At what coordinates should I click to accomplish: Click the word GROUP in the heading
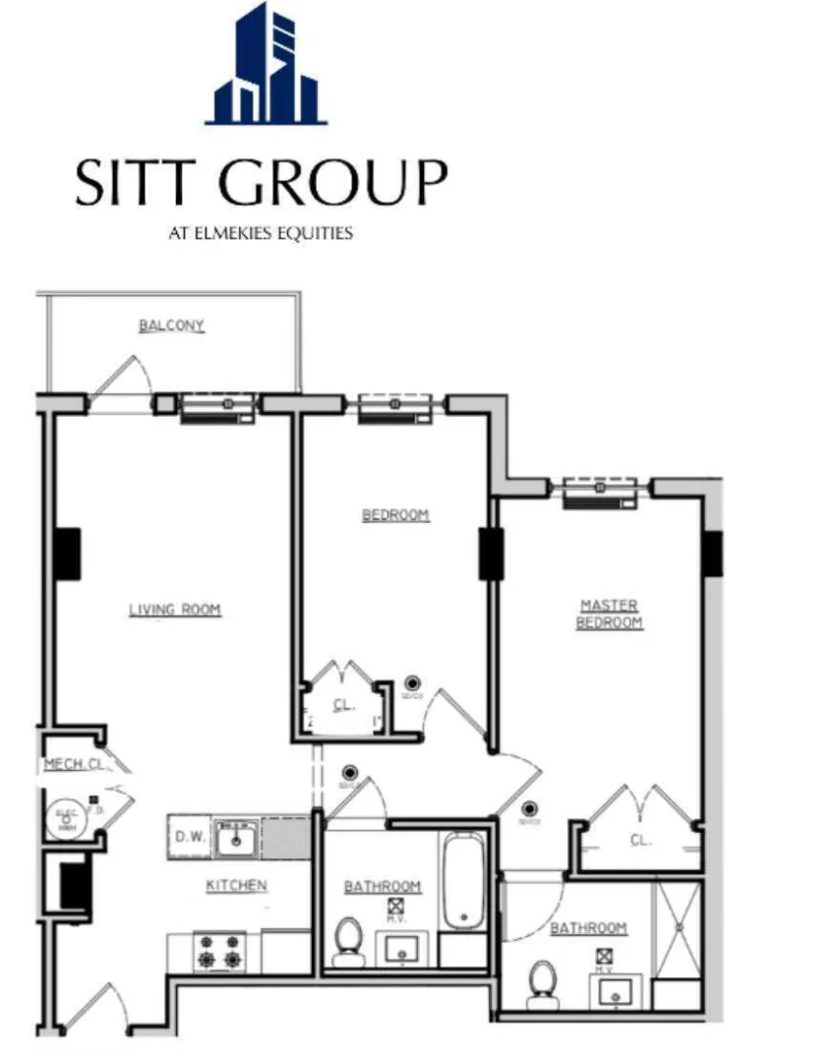tap(334, 184)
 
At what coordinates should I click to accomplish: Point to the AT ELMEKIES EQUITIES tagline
tap(262, 234)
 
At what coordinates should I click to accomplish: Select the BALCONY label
tap(171, 325)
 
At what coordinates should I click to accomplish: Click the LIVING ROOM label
tap(175, 611)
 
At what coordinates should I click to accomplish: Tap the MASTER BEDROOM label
tap(609, 614)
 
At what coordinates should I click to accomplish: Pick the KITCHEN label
tap(236, 886)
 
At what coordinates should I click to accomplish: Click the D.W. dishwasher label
tap(189, 838)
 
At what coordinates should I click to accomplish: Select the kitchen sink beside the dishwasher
tap(236, 839)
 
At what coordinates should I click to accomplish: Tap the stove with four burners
tap(218, 952)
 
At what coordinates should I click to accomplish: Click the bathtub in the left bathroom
tap(462, 881)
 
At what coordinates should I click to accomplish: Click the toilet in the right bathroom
tap(542, 982)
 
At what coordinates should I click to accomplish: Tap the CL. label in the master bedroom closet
tap(639, 840)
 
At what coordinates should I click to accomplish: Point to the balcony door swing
tap(123, 379)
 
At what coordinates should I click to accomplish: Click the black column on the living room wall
tap(67, 553)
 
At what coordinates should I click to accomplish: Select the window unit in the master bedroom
tap(601, 492)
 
